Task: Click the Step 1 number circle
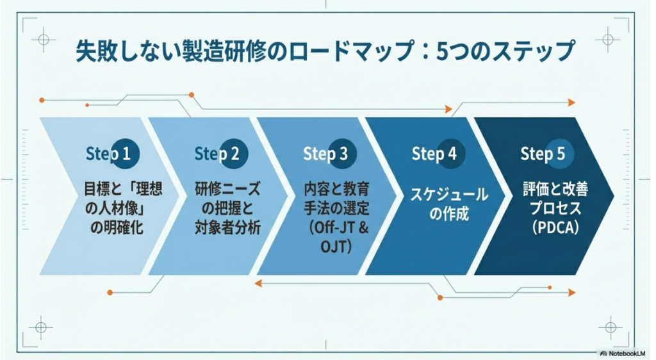click(x=126, y=154)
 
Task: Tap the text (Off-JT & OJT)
click(x=336, y=238)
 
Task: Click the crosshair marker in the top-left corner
click(x=43, y=40)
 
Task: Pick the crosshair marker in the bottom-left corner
click(x=40, y=326)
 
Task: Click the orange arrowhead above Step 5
click(x=571, y=102)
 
